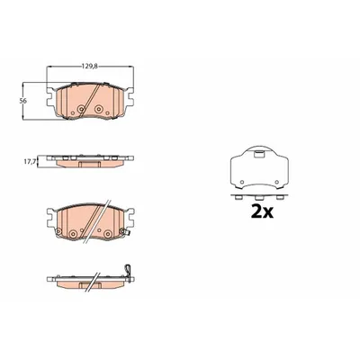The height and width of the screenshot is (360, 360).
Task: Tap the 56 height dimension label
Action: point(24,101)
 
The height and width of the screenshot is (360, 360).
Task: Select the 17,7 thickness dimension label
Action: point(29,162)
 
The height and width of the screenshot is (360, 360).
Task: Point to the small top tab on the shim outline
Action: point(259,149)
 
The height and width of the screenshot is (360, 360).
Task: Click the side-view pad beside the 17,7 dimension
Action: point(88,162)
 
